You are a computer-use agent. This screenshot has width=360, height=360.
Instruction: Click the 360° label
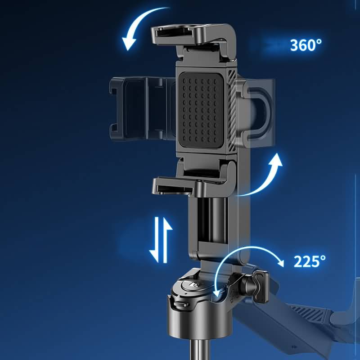tap(306, 45)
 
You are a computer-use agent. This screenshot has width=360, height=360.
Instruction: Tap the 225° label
tap(309, 261)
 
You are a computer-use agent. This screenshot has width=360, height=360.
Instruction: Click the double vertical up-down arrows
tap(161, 240)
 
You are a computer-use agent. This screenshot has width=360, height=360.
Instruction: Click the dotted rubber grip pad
tap(201, 110)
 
